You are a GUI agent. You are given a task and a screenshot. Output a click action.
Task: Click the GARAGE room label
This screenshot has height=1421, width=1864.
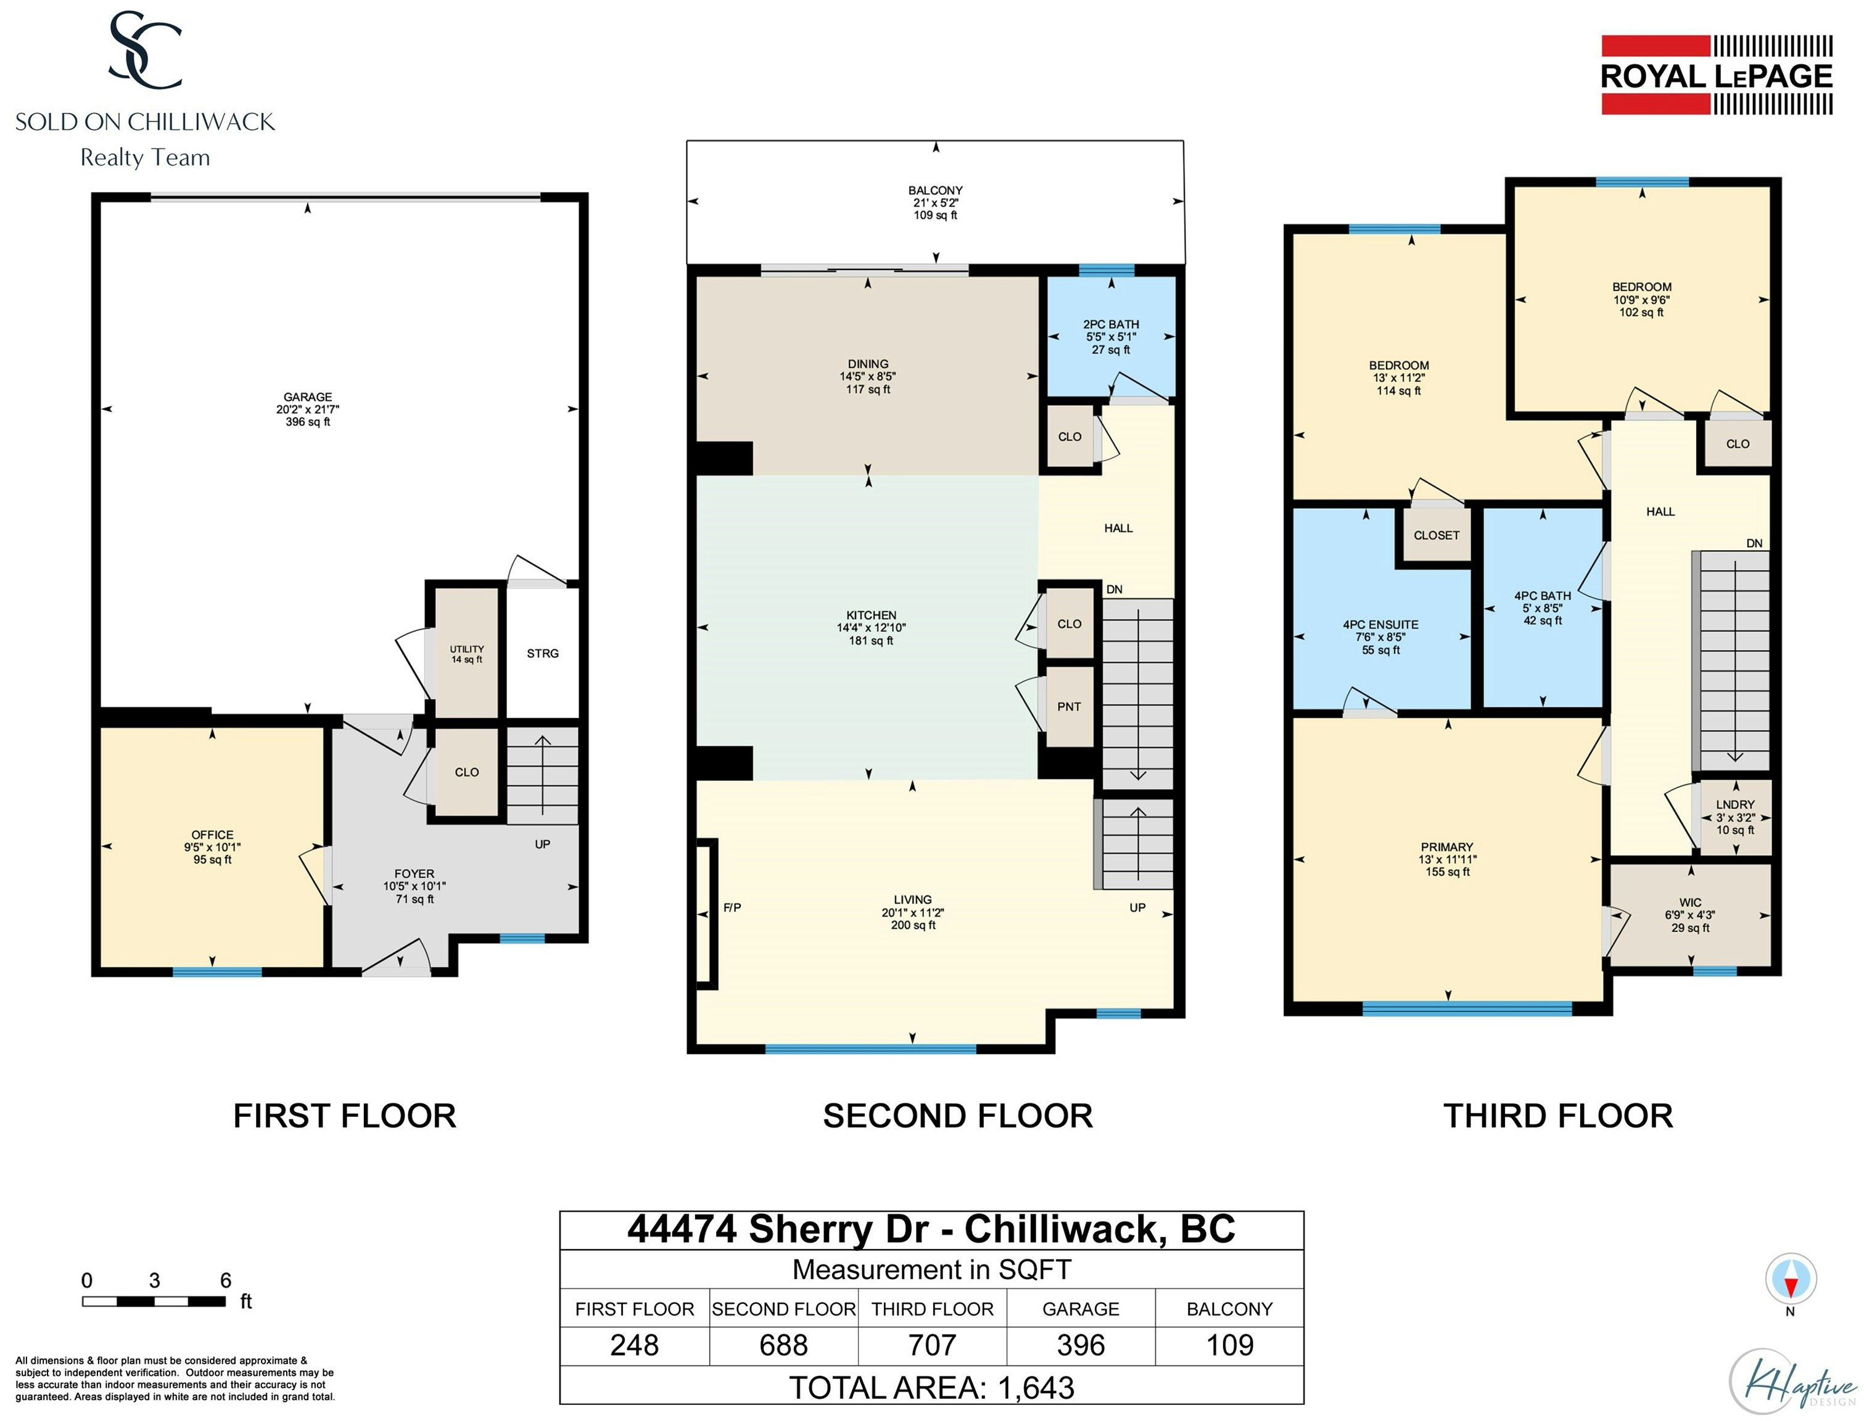coord(308,397)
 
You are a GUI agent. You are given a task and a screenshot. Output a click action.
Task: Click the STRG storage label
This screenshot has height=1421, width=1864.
coord(543,653)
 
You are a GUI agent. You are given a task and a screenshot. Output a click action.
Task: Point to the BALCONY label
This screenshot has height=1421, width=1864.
coord(935,191)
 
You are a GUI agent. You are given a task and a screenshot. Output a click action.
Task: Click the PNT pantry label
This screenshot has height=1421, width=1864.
coord(1069,706)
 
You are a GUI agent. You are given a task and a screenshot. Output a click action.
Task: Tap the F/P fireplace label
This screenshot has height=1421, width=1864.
coord(732,908)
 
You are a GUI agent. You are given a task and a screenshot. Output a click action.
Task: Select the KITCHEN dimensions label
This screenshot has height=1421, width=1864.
coord(871,628)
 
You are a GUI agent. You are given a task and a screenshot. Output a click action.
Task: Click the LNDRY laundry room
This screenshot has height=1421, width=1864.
coord(1736,817)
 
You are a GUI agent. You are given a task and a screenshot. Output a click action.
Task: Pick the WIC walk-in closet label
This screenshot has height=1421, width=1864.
coord(1691,902)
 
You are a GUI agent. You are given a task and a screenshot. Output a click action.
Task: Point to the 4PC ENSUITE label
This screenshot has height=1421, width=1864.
coord(1381,624)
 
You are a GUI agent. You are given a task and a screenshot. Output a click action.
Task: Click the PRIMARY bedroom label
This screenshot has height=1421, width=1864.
coord(1447,847)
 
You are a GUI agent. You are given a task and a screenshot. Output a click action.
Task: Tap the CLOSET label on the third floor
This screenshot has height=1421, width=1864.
coord(1437,535)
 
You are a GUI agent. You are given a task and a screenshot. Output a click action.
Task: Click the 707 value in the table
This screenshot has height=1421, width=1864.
coord(932,1345)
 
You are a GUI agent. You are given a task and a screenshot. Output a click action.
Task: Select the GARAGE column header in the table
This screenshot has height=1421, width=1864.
coord(1081,1309)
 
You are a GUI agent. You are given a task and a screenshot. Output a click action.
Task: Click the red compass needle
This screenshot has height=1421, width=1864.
coord(1791,1287)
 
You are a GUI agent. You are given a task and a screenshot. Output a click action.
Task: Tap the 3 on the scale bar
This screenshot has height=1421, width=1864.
coord(154,1280)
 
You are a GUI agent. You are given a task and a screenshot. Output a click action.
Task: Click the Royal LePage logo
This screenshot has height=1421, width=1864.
coord(1717,75)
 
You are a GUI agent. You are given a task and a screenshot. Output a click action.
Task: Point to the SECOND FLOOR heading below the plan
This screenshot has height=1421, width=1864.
coord(957,1116)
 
